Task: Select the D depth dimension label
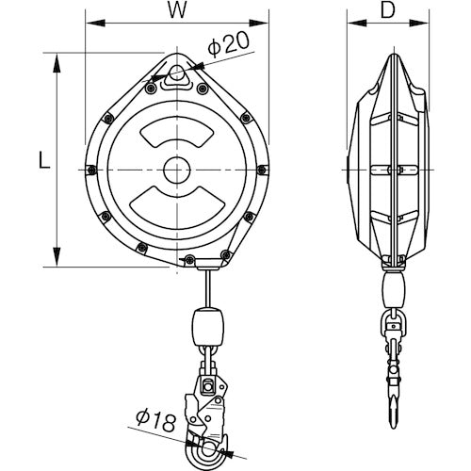389,13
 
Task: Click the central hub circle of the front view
176,170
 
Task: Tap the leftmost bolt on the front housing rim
90,170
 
